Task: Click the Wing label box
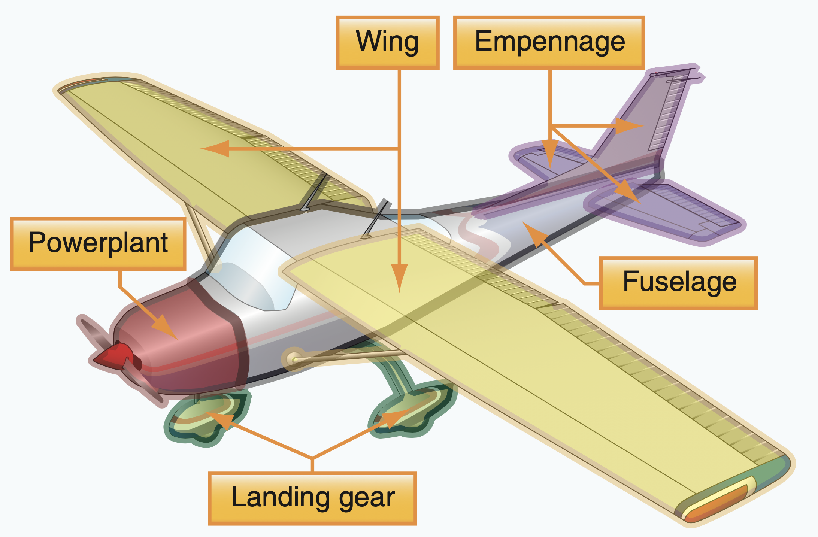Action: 388,42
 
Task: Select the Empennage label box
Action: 549,42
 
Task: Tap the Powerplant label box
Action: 98,243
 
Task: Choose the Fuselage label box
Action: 678,283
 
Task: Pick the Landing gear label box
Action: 312,498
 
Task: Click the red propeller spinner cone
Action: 114,356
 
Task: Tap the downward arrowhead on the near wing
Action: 400,277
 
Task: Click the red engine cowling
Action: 187,337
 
